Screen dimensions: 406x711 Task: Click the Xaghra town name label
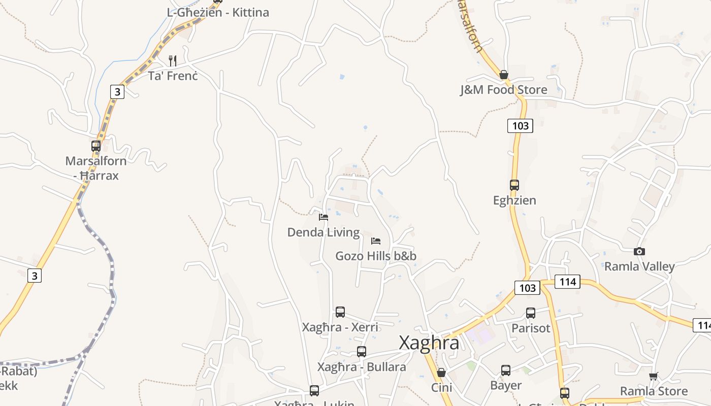coord(429,343)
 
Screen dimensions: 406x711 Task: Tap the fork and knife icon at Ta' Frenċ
coord(173,61)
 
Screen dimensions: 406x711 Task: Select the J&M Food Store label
coord(503,90)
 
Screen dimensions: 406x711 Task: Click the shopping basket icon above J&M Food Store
coord(504,75)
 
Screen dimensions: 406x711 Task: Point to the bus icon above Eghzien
coord(514,185)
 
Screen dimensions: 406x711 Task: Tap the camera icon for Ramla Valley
coord(639,251)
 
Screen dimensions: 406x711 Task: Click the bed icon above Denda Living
coord(324,217)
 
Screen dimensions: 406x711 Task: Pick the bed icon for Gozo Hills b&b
coord(376,241)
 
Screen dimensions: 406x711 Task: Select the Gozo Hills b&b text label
coord(376,256)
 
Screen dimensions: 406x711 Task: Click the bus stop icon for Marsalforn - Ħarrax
coord(96,146)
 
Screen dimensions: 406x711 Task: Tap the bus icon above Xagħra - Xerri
coord(340,312)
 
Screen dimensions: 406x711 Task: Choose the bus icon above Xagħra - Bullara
coord(362,351)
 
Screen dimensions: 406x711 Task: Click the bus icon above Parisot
coord(531,313)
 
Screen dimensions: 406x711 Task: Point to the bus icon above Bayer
coord(506,370)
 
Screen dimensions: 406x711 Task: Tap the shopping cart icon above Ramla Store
coord(654,376)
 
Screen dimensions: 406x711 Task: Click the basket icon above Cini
coord(441,373)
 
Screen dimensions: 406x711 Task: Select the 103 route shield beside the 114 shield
coord(527,288)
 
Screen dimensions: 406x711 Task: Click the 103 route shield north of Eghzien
coord(521,125)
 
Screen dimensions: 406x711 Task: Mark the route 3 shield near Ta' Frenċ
coord(117,92)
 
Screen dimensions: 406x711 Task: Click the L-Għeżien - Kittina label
coord(218,13)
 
